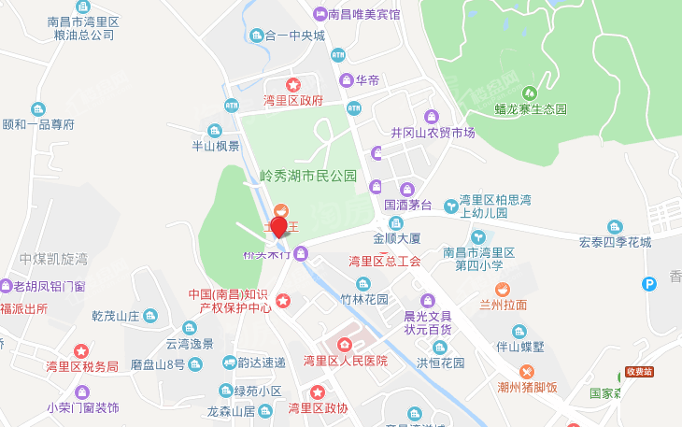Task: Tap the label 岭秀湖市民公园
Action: coord(308,176)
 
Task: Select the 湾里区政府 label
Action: coord(293,100)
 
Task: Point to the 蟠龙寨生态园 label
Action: coord(531,109)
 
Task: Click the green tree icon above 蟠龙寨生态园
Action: coord(530,93)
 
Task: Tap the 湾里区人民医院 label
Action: coord(345,361)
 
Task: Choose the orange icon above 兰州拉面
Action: coord(503,289)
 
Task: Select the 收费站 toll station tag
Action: coord(641,372)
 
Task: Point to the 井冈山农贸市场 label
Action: coord(433,133)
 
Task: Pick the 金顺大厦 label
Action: coord(397,238)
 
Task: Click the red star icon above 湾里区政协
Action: coord(318,391)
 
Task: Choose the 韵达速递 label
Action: coord(262,363)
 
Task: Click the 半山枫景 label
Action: coord(216,146)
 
